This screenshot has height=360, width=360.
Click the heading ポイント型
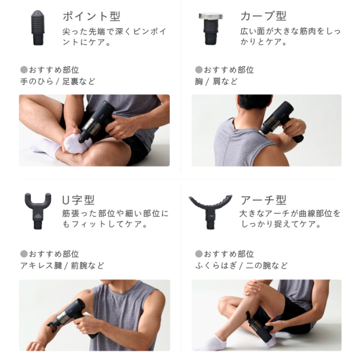[x=91, y=16]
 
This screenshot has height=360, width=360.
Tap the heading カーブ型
[x=263, y=16]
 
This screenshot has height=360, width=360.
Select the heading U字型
[x=78, y=200]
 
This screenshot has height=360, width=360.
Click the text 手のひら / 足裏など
[x=57, y=82]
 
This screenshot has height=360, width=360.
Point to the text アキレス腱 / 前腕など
[x=62, y=265]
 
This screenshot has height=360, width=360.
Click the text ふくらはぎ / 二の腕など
[x=241, y=265]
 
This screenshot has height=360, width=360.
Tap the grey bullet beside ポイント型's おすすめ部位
[x=24, y=70]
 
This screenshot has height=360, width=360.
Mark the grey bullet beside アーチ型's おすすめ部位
[x=198, y=254]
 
